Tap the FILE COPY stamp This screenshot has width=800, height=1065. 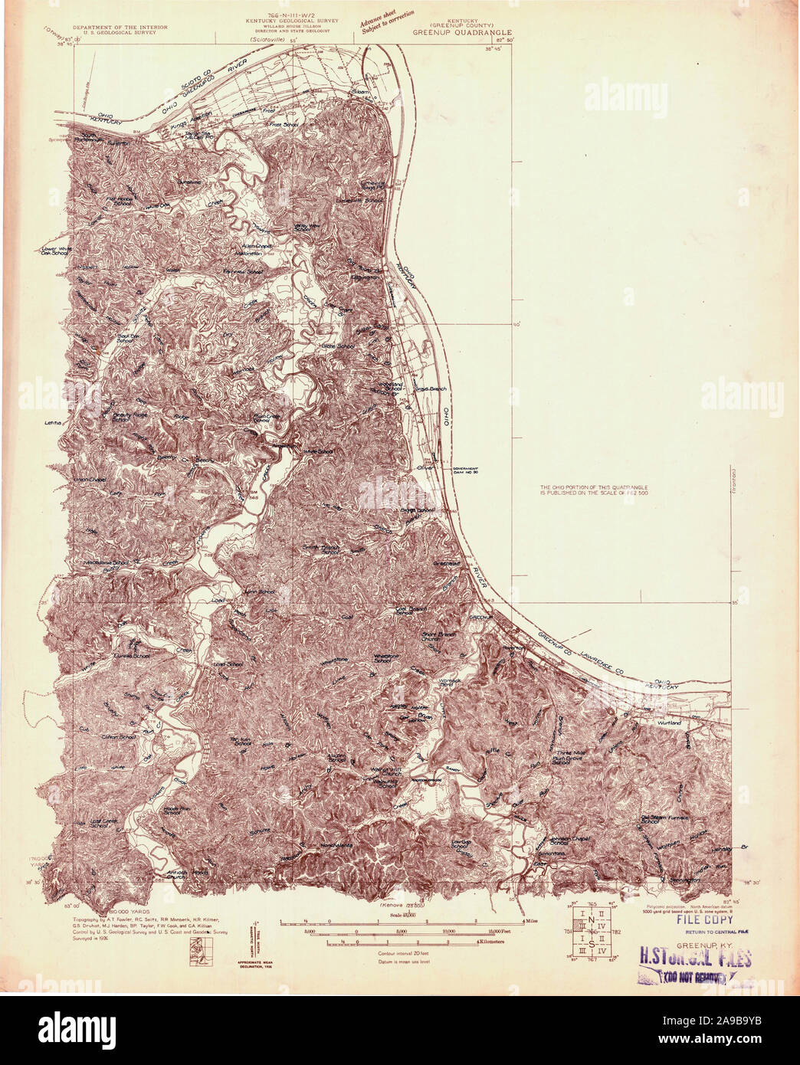(x=703, y=919)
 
